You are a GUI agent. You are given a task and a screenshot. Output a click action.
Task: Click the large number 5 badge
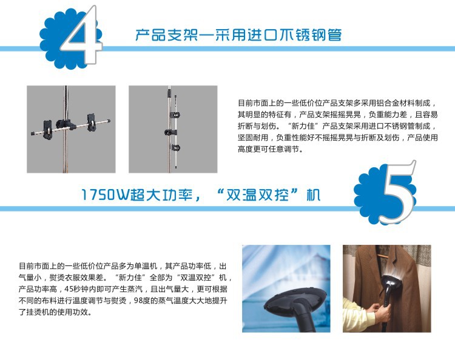coord(386,193)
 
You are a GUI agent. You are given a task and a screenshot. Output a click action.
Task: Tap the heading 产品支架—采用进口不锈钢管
coord(238,35)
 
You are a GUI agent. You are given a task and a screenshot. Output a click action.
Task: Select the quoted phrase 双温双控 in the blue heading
coord(257,195)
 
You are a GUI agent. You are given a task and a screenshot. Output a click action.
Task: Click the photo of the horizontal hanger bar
coord(71,129)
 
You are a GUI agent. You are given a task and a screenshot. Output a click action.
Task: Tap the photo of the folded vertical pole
coord(173,129)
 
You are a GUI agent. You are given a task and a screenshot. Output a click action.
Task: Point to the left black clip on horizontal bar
coord(48,129)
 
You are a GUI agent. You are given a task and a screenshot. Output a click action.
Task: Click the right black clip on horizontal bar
coord(92,121)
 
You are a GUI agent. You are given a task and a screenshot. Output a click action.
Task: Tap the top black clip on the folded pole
coord(175,115)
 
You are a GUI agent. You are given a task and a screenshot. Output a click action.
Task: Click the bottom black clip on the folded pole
coord(175,147)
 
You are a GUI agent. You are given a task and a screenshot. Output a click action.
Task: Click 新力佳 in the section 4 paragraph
coord(303,126)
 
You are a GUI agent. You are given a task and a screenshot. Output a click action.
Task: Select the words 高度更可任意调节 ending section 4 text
coord(268,149)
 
